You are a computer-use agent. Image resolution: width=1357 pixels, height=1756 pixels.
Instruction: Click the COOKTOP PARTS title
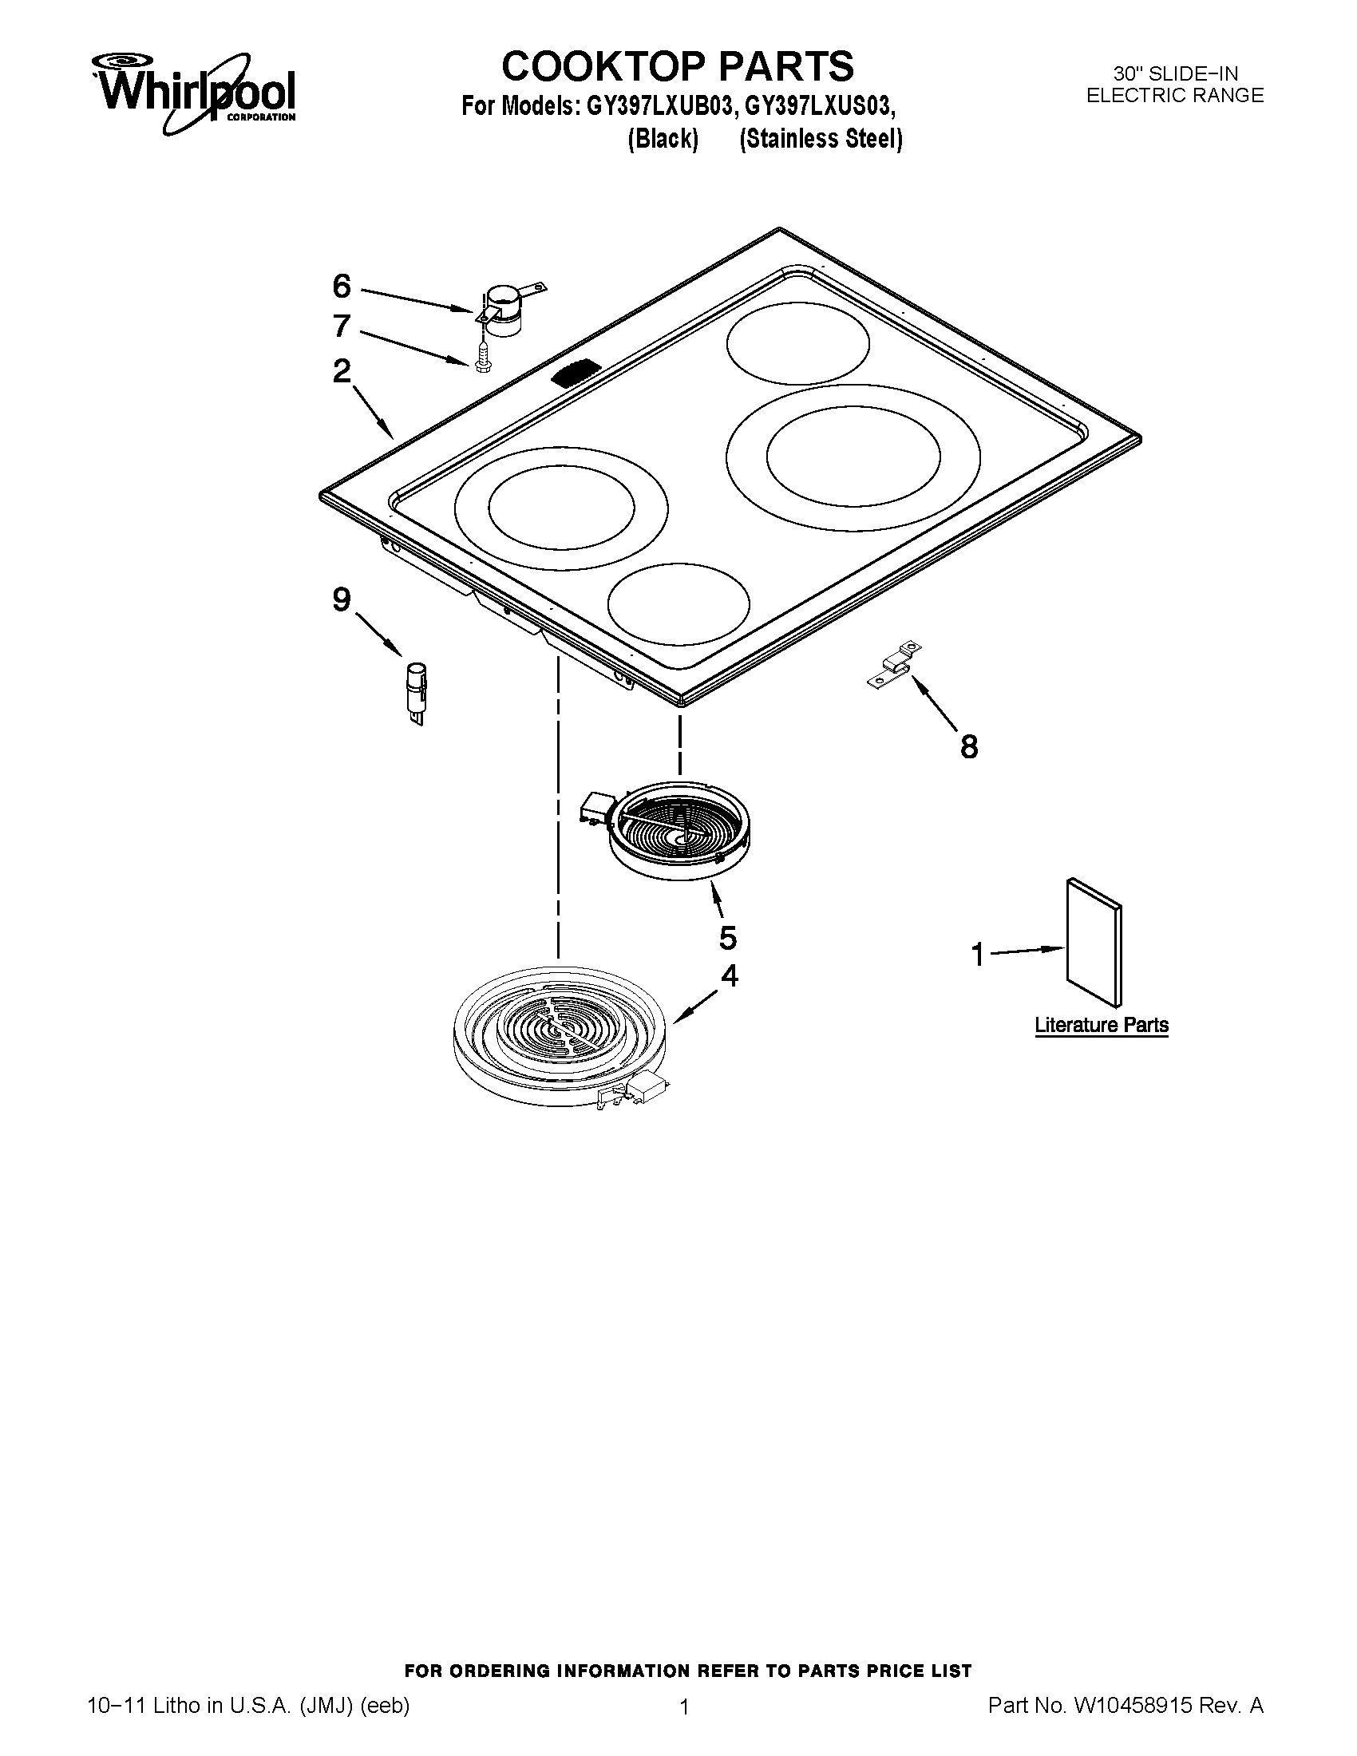[678, 66]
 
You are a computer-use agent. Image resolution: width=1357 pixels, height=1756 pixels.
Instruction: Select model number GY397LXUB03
[656, 107]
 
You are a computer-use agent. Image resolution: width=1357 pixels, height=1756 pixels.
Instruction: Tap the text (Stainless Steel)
[821, 139]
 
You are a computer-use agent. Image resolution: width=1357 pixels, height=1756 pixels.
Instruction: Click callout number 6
[342, 286]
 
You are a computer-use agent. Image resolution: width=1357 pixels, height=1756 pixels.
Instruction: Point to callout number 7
[342, 326]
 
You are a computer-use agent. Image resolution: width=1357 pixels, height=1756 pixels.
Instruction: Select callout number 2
[342, 370]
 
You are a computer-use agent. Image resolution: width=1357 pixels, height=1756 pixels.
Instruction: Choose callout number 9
[342, 599]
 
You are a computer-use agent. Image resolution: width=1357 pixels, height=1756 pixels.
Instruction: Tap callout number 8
[970, 747]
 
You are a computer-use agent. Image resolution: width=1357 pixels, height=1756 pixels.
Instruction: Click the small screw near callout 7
[481, 356]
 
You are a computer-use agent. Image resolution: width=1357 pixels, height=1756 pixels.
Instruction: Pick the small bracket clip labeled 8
[895, 664]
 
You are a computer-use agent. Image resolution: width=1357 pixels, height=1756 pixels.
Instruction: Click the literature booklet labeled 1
[1094, 942]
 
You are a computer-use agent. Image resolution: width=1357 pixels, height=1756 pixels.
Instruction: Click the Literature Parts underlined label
[1102, 1025]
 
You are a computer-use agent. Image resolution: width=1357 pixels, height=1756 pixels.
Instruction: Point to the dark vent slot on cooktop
[577, 374]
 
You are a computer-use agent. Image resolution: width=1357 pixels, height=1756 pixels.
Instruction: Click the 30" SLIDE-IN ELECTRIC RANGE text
[1174, 85]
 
